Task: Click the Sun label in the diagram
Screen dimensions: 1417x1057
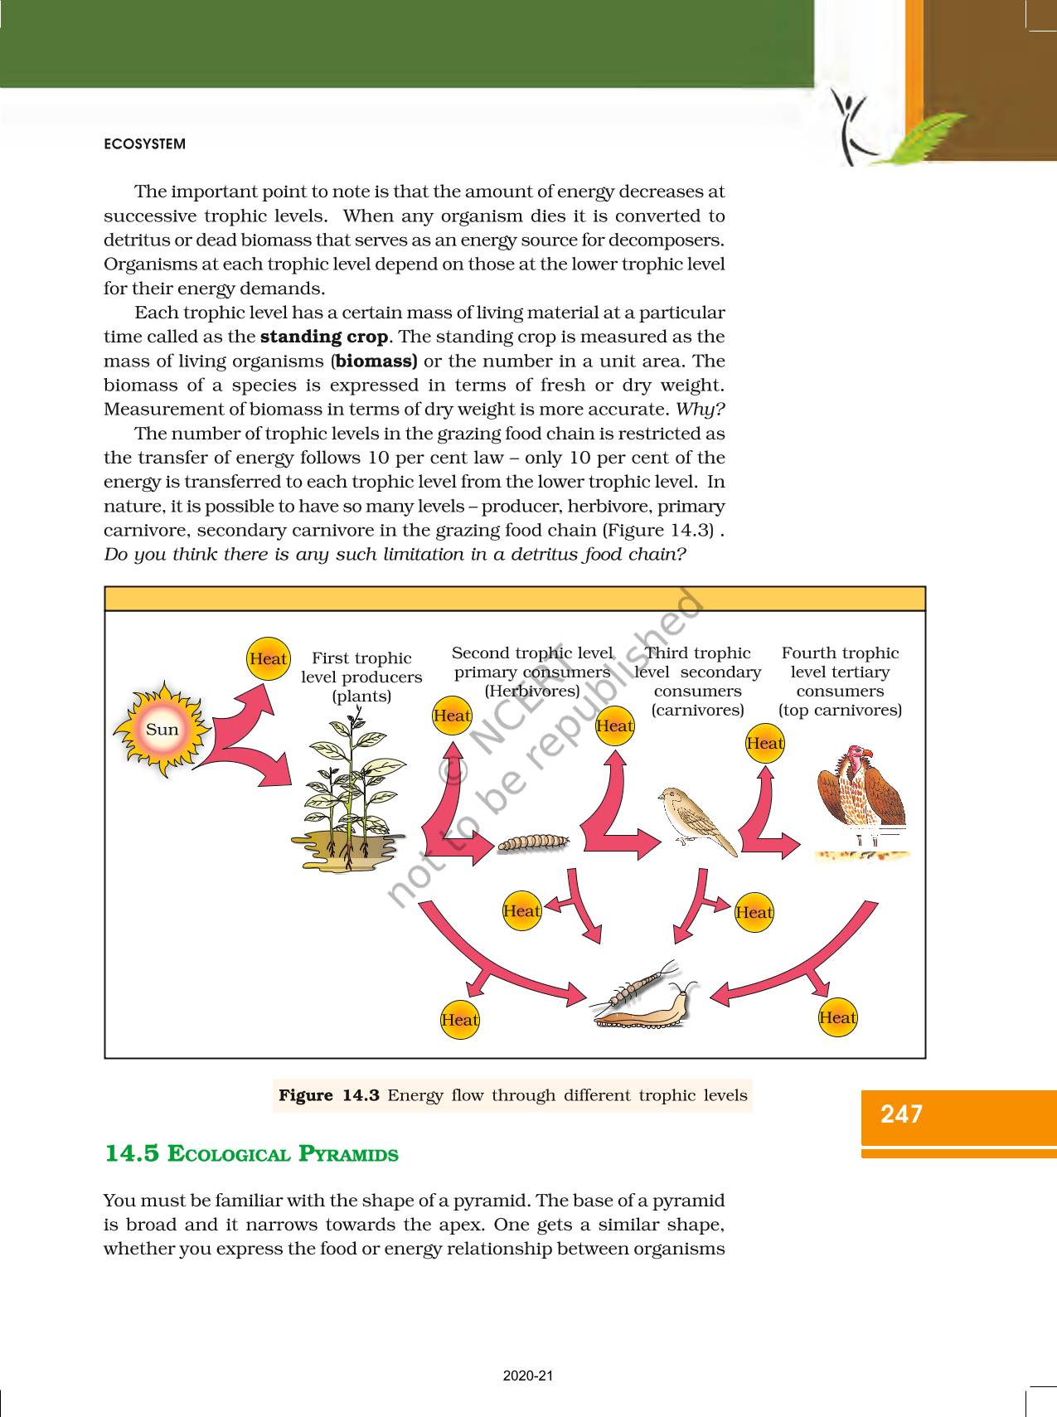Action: [162, 730]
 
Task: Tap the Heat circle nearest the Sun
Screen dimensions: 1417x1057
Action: [268, 659]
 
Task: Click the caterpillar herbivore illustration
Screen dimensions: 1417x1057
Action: [533, 842]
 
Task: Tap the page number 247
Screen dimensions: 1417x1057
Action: [902, 1114]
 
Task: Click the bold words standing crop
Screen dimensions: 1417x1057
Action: [324, 337]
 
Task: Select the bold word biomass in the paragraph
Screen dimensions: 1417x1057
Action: [375, 361]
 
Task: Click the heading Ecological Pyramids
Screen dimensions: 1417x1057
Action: [251, 1153]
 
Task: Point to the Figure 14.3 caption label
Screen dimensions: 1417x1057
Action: [329, 1095]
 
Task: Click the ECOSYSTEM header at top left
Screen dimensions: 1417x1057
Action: [145, 144]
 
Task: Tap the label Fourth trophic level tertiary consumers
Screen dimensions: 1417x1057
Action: [840, 681]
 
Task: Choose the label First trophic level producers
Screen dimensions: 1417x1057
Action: [361, 677]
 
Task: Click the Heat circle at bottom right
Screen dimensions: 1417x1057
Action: [837, 1017]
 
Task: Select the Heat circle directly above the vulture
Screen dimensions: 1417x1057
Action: [764, 743]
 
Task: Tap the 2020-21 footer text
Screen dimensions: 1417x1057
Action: [528, 1376]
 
